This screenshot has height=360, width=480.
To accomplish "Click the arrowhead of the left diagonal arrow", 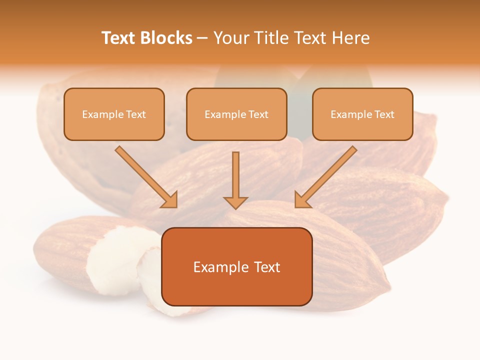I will tap(170, 200).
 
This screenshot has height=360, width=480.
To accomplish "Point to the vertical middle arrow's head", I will tap(235, 202).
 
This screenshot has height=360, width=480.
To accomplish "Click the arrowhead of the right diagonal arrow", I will tap(301, 200).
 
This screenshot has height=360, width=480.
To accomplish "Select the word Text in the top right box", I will tap(384, 114).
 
